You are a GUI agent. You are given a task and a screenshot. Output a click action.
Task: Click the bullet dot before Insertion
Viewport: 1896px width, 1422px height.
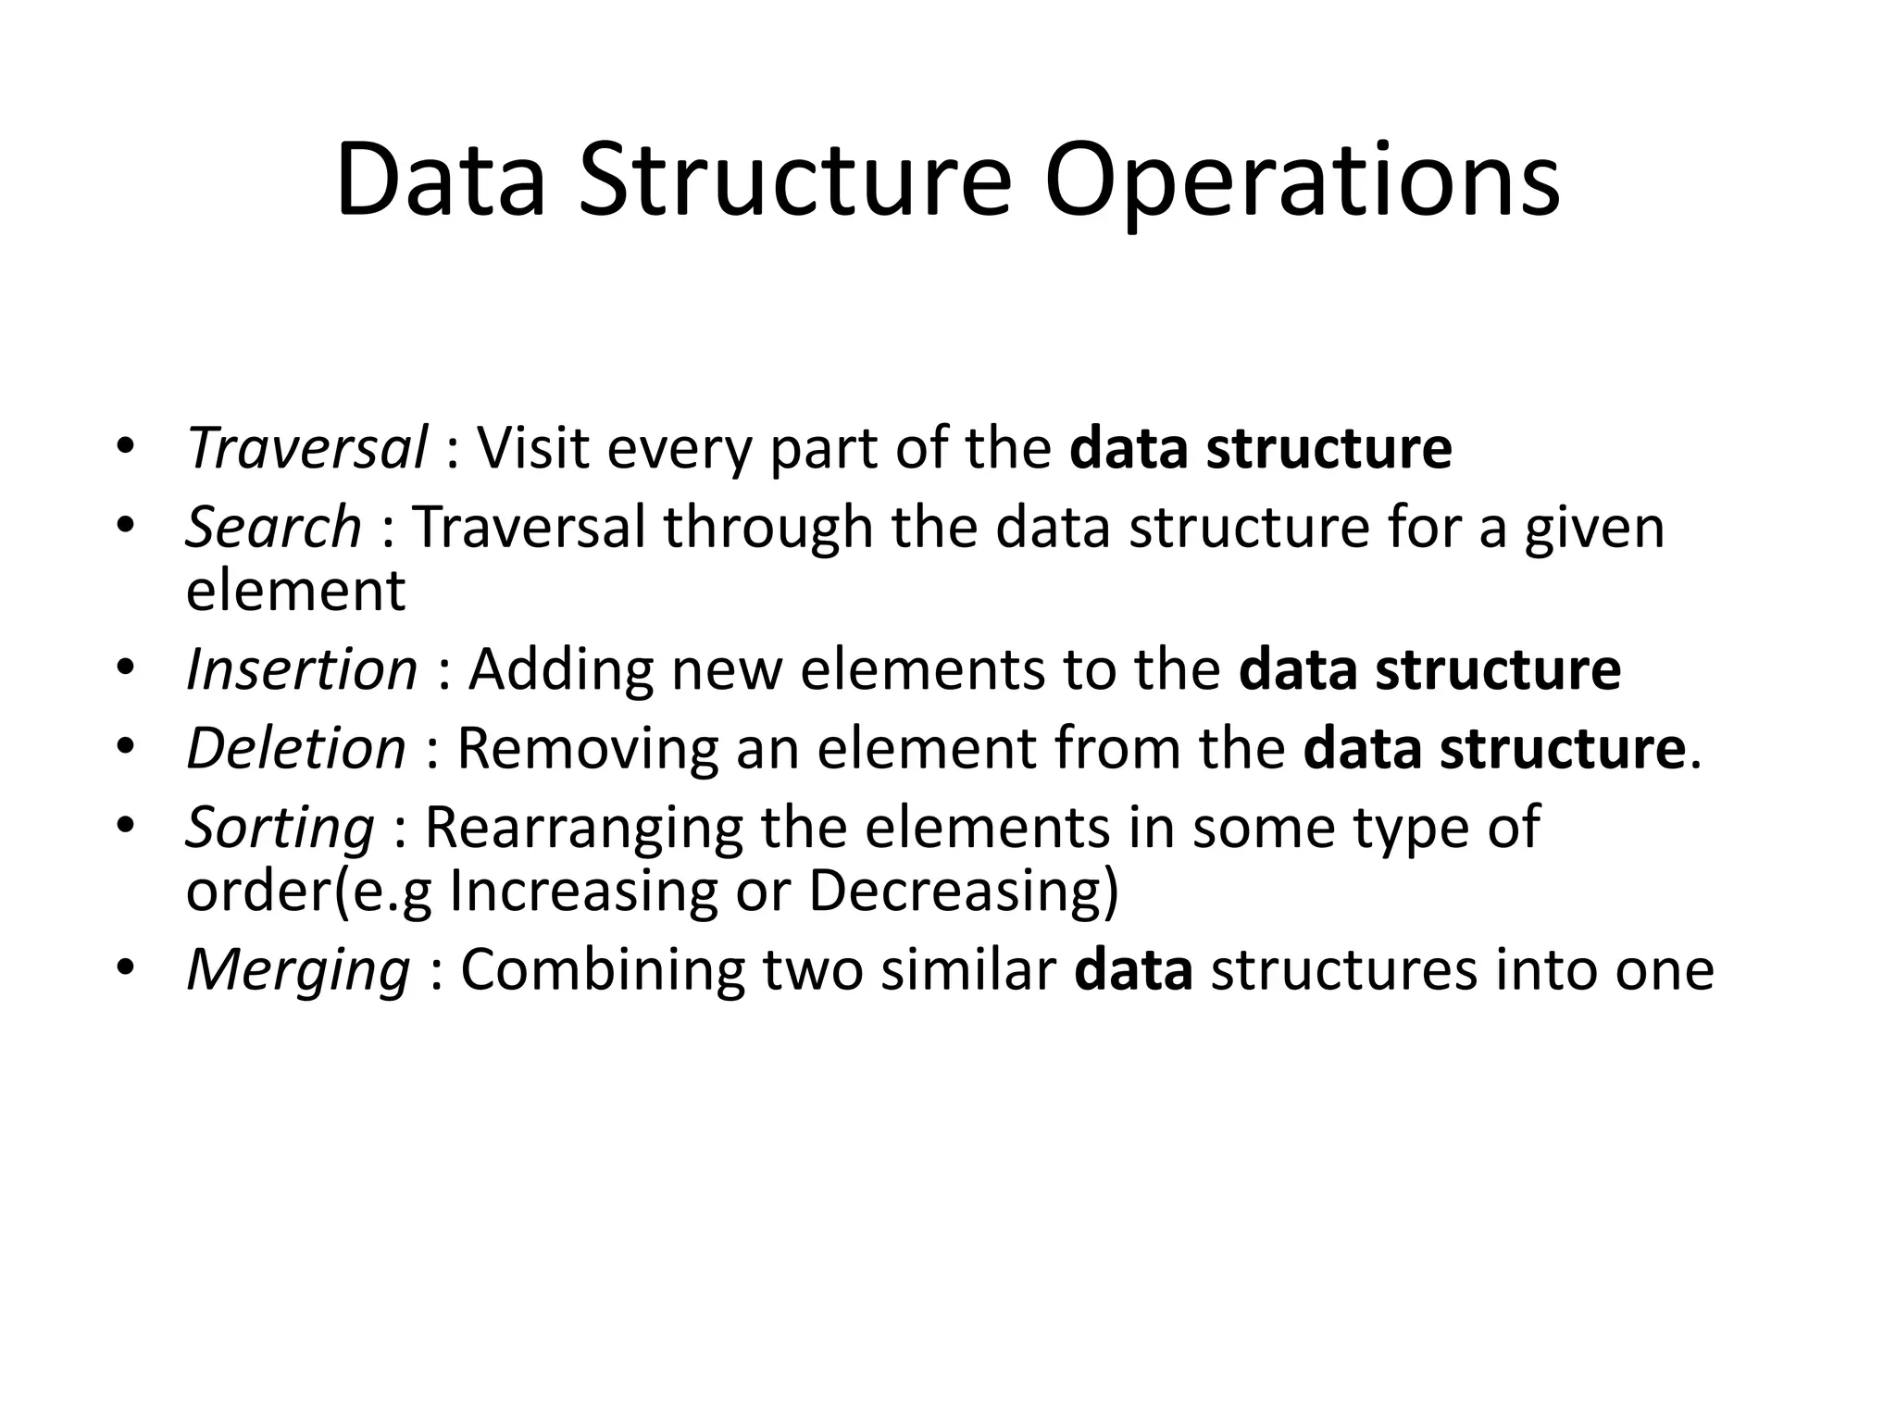(x=126, y=668)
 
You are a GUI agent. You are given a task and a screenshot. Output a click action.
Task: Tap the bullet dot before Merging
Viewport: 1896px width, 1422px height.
(x=126, y=969)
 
